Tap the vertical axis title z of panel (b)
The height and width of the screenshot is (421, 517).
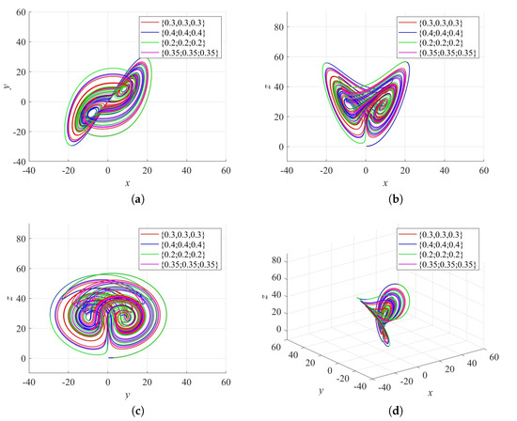264,86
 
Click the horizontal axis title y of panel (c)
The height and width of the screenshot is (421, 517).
129,395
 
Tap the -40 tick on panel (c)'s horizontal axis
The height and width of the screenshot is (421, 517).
30,382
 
